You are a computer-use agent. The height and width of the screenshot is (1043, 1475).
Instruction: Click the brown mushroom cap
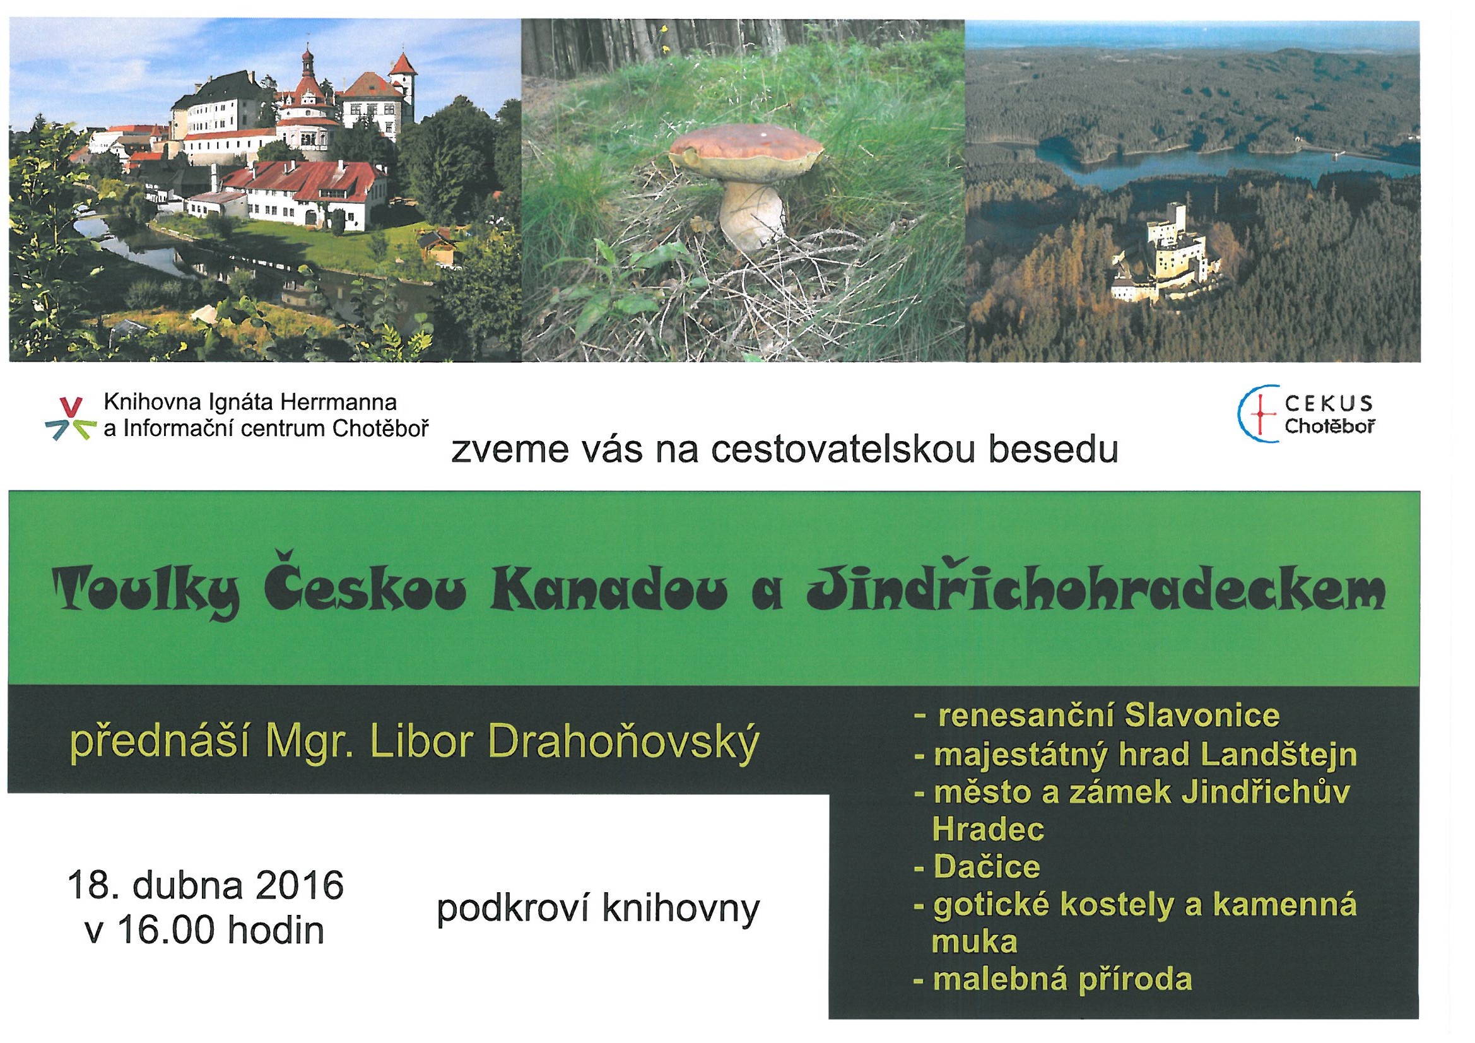pos(746,154)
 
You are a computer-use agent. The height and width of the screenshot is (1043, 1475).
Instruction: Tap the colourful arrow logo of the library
pos(70,418)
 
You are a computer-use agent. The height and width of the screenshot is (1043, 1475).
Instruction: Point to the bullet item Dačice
pos(977,867)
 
